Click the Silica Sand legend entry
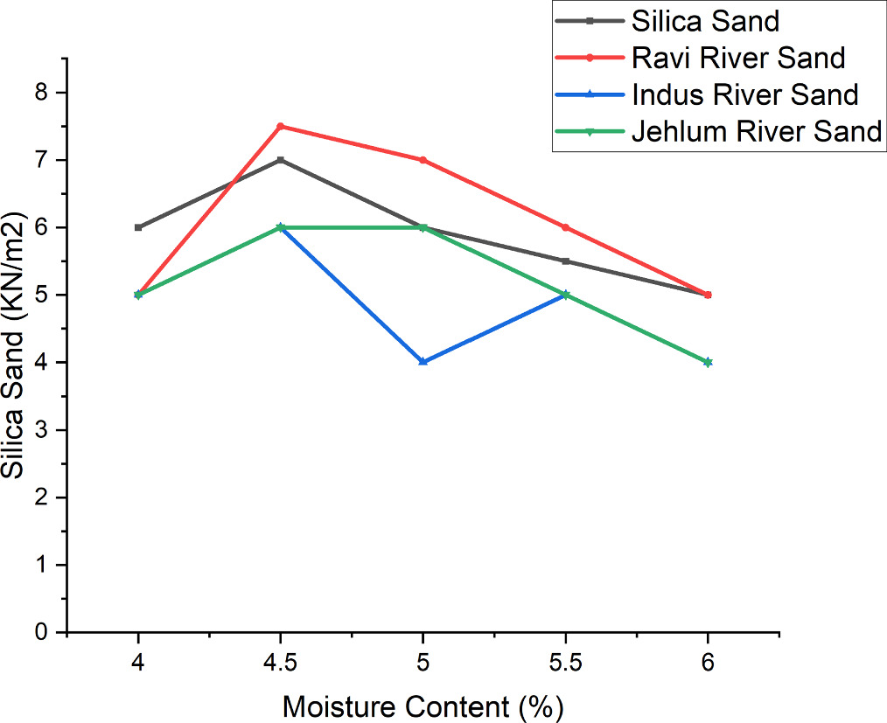coord(704,19)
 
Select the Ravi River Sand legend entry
coord(737,57)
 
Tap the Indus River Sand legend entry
coord(744,94)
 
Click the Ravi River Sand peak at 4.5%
coord(281,126)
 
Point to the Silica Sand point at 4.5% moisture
coord(281,160)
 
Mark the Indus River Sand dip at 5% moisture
coord(423,361)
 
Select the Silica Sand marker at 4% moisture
coord(138,227)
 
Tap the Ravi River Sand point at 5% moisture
coord(423,160)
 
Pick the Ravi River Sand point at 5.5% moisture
coord(566,227)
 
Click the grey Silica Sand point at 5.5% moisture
coord(566,261)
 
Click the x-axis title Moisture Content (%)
coord(423,704)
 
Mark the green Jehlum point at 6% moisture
coord(708,361)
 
